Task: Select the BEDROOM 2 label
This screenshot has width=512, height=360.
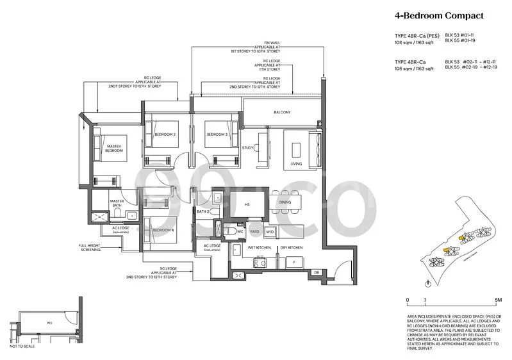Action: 165,134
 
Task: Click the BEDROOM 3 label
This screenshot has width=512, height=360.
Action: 217,134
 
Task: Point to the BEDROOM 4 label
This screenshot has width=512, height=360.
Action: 164,229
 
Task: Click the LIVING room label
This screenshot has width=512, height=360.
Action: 296,164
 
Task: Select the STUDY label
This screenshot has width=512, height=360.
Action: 248,148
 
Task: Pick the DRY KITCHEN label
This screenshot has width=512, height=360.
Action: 290,247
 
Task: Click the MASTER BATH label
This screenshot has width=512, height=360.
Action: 117,202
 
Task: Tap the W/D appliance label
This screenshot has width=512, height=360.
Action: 269,231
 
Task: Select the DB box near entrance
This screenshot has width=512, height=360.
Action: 316,273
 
